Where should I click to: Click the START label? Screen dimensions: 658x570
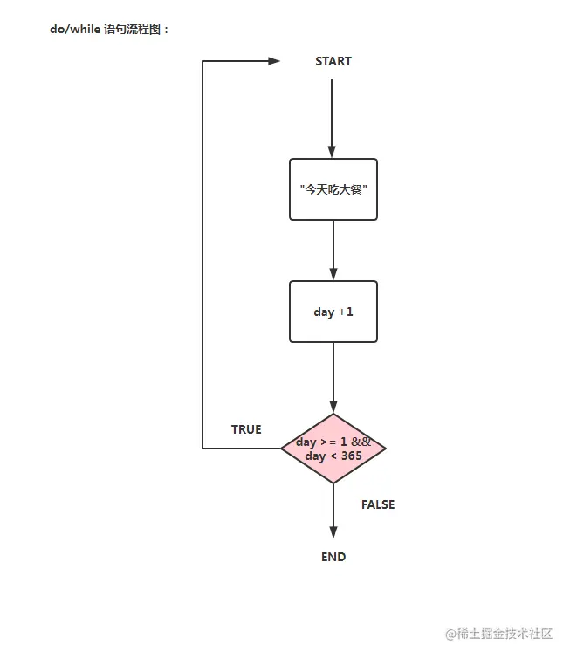coord(333,62)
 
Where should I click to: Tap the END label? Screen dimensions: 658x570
coord(333,557)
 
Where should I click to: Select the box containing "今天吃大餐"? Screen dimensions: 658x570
coord(333,189)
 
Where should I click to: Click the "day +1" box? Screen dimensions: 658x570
coord(333,312)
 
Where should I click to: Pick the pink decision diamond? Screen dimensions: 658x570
coord(333,449)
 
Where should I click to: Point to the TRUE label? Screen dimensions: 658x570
coord(246,429)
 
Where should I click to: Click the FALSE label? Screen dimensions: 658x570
coord(378,504)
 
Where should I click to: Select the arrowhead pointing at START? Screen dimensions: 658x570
coord(274,61)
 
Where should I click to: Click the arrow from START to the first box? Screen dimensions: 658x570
coord(333,118)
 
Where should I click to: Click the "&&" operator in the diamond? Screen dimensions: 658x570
coord(361,442)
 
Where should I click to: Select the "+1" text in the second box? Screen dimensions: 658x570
coord(346,312)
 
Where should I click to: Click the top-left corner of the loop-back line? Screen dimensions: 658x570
coord(203,61)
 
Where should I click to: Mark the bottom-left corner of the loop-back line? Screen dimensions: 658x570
coord(203,449)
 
